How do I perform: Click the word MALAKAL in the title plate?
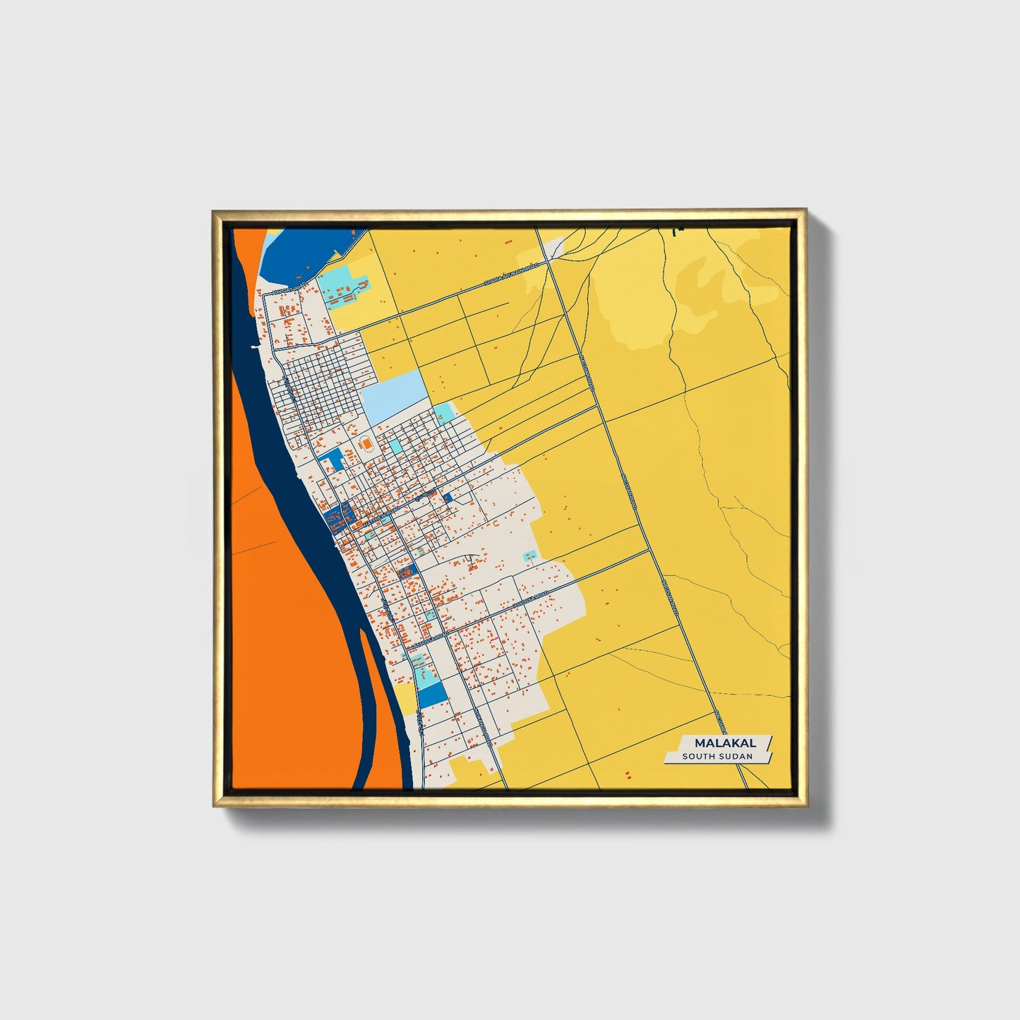coord(725,743)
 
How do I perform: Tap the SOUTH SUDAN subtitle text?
coord(717,757)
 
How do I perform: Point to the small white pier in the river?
coord(253,347)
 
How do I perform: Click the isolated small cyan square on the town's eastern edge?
coord(529,557)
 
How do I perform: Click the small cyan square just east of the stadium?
coord(395,446)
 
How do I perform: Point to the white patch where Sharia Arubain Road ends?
coord(556,247)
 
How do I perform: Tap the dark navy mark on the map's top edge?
coord(679,229)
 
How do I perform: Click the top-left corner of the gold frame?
coord(214,211)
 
